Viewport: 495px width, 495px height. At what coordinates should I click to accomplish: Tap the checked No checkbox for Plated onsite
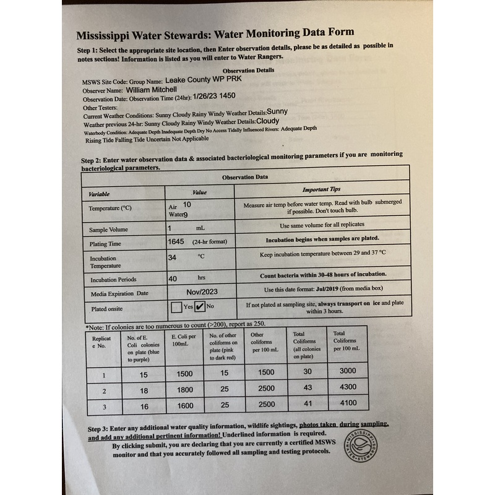(x=200, y=306)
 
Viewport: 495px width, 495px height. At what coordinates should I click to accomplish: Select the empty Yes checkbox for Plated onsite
(x=176, y=306)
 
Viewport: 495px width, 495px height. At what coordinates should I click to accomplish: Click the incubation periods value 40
(x=173, y=278)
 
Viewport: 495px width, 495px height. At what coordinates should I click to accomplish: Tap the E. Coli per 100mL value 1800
(x=181, y=391)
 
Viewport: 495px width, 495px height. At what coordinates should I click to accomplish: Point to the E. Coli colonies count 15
(x=144, y=375)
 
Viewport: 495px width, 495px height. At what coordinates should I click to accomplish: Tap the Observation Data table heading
(x=245, y=177)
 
